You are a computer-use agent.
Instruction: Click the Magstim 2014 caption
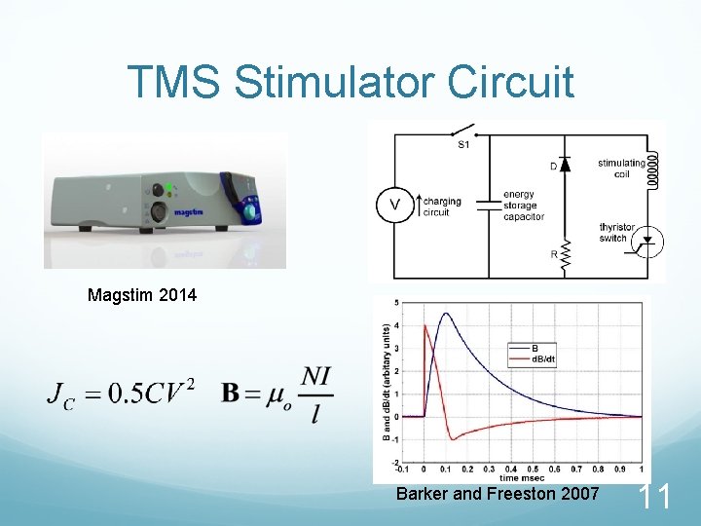tap(141, 294)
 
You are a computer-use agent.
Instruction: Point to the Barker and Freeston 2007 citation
tap(498, 494)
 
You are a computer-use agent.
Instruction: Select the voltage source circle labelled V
tap(394, 205)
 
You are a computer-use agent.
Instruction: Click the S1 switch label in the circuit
tap(463, 145)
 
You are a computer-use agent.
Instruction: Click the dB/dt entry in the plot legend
tap(541, 357)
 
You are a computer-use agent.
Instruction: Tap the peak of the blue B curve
tap(446, 314)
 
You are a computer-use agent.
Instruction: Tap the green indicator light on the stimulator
tap(167, 187)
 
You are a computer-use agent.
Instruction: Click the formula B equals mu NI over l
tap(277, 394)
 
